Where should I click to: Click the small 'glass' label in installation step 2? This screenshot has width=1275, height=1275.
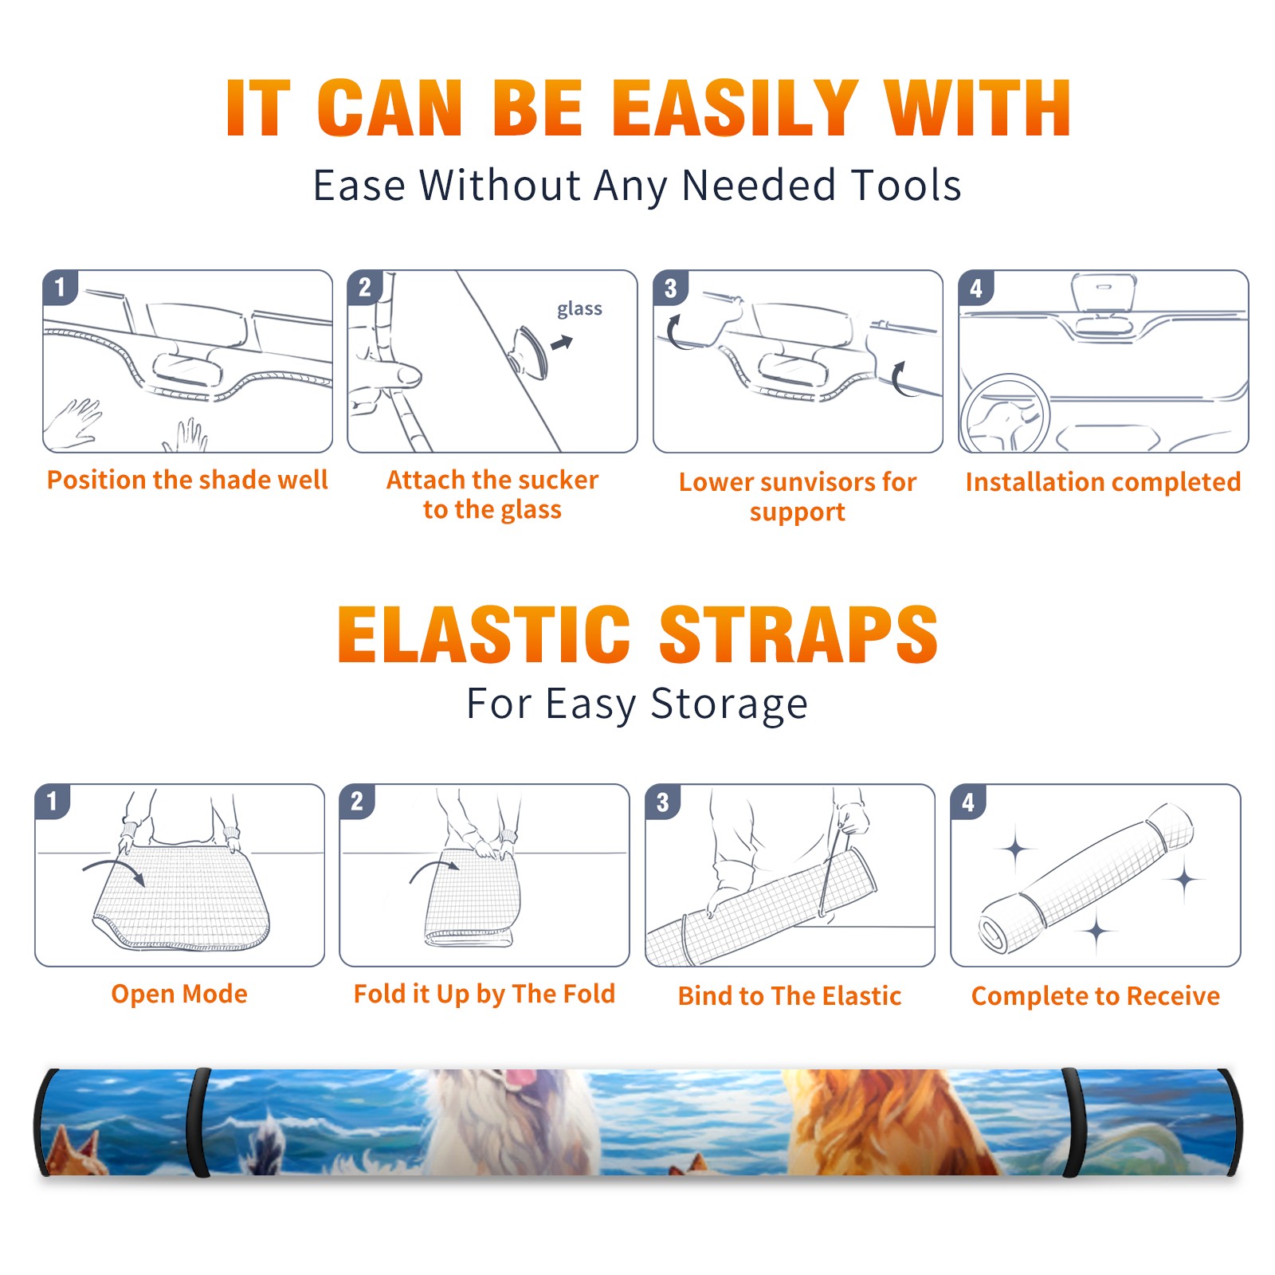579,309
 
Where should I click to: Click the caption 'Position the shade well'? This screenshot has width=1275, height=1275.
187,480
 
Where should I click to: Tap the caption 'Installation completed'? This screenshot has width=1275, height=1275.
1103,481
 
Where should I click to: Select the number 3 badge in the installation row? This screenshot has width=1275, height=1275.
670,288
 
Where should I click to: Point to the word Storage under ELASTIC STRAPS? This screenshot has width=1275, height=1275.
729,704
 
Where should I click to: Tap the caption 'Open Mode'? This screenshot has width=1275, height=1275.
179,994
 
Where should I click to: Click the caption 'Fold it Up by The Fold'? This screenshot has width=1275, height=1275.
484,994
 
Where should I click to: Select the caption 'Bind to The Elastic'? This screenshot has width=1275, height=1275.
790,996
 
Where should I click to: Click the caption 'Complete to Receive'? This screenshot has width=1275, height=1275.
1096,996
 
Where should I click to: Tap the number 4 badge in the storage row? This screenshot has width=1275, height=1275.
968,802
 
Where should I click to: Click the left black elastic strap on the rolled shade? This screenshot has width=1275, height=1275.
199,1122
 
